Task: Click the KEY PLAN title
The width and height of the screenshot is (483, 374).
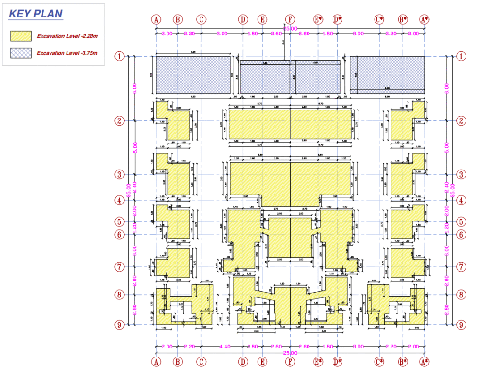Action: point(36,14)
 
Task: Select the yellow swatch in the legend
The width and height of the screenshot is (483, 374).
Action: point(21,36)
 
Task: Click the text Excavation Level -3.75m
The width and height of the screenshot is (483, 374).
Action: point(67,53)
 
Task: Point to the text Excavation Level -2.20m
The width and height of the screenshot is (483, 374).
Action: point(67,36)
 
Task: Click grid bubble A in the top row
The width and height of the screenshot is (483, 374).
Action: point(156,19)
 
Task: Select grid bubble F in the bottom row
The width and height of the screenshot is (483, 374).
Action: point(290,362)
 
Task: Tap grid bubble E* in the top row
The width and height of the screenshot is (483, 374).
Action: point(318,19)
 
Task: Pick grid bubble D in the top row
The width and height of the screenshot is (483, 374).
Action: point(243,19)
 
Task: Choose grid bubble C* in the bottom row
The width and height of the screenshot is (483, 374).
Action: point(379,362)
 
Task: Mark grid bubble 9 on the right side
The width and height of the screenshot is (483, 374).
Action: point(461,325)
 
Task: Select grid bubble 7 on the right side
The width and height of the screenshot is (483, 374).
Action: point(461,267)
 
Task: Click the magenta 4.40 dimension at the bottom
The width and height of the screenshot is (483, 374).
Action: point(225,347)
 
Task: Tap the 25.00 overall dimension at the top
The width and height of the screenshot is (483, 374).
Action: point(290,29)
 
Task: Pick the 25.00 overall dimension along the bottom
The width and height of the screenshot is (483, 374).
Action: point(290,353)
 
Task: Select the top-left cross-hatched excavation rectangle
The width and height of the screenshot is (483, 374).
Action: point(193,75)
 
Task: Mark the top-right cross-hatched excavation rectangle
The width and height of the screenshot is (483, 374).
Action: point(387,75)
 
